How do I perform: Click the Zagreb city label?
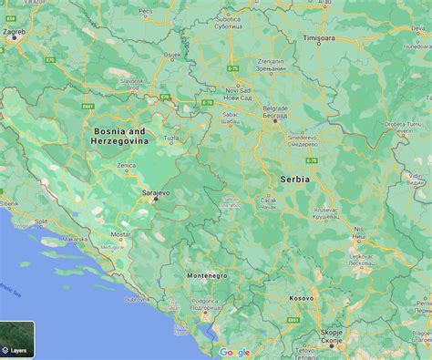click(x=15, y=32)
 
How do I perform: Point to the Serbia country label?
click(x=295, y=180)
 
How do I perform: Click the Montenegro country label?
click(x=207, y=275)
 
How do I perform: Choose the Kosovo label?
click(x=300, y=298)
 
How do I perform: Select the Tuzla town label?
click(x=172, y=139)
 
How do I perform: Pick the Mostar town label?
click(x=120, y=234)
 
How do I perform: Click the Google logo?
click(x=234, y=353)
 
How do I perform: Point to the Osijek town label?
click(x=171, y=55)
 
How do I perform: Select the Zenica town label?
click(x=127, y=167)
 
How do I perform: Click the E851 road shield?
click(x=293, y=321)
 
